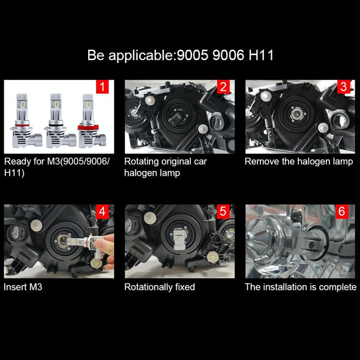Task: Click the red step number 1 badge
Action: pos(102,87)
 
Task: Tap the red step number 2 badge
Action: pos(223,87)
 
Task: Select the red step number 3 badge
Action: pos(343,87)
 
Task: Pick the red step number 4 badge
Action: pos(102,212)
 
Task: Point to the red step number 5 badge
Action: pos(223,212)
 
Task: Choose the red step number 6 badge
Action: pos(343,212)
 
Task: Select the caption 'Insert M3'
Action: pos(23,287)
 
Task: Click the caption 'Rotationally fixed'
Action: pos(160,287)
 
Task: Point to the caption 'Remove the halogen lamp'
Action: pos(299,161)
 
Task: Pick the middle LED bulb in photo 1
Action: pos(56,120)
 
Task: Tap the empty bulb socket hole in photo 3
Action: pos(298,113)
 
